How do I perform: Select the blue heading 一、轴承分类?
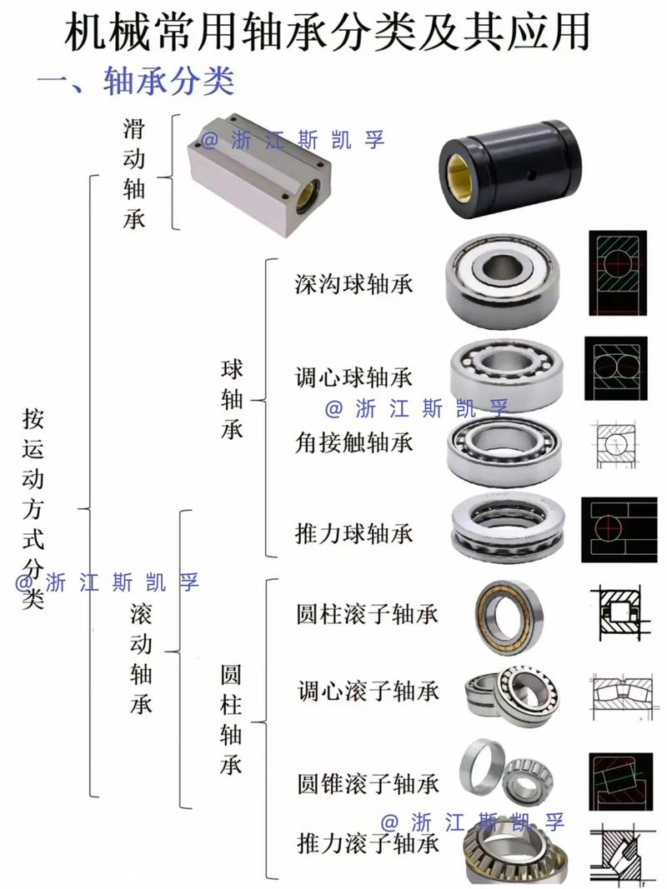[x=136, y=81]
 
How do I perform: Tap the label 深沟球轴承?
[x=354, y=284]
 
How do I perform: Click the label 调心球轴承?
[x=354, y=377]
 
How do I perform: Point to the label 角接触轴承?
[x=354, y=441]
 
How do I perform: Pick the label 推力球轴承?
[x=354, y=532]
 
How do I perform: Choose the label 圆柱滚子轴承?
[x=367, y=614]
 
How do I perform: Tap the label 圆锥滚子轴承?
[x=368, y=783]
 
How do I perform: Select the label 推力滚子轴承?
[x=368, y=844]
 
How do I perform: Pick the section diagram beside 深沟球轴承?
[x=617, y=273]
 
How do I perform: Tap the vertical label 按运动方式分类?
[x=33, y=508]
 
